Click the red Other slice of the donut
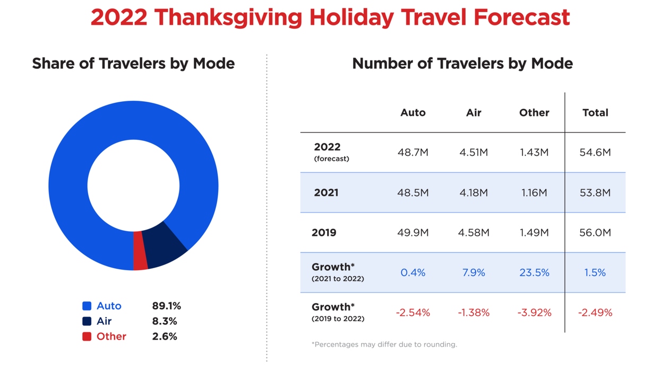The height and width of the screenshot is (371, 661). click(x=140, y=251)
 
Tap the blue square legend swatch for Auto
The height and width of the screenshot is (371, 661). click(x=87, y=306)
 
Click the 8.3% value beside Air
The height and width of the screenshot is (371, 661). click(x=165, y=321)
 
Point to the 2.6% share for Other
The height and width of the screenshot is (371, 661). click(x=165, y=337)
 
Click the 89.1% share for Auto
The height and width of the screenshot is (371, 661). click(x=166, y=306)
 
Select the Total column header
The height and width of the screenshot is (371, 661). click(x=595, y=112)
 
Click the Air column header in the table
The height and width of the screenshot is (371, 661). click(x=474, y=112)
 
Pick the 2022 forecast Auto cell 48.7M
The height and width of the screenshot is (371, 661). click(x=413, y=153)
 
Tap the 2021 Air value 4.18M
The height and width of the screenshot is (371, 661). click(x=474, y=193)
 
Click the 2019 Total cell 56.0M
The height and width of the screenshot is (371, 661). click(x=595, y=233)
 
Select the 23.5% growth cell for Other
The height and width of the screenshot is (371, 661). click(x=534, y=273)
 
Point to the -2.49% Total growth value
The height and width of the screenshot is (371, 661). click(x=595, y=313)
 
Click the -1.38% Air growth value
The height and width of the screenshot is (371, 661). click(x=474, y=313)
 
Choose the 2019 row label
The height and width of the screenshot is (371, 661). click(x=324, y=233)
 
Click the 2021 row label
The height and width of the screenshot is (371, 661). click(x=326, y=193)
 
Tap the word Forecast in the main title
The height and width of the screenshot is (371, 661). click(x=522, y=17)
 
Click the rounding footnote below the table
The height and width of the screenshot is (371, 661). click(x=384, y=344)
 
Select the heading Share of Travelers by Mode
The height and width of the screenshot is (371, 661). click(x=133, y=64)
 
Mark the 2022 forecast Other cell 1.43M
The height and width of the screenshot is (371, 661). click(x=534, y=153)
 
